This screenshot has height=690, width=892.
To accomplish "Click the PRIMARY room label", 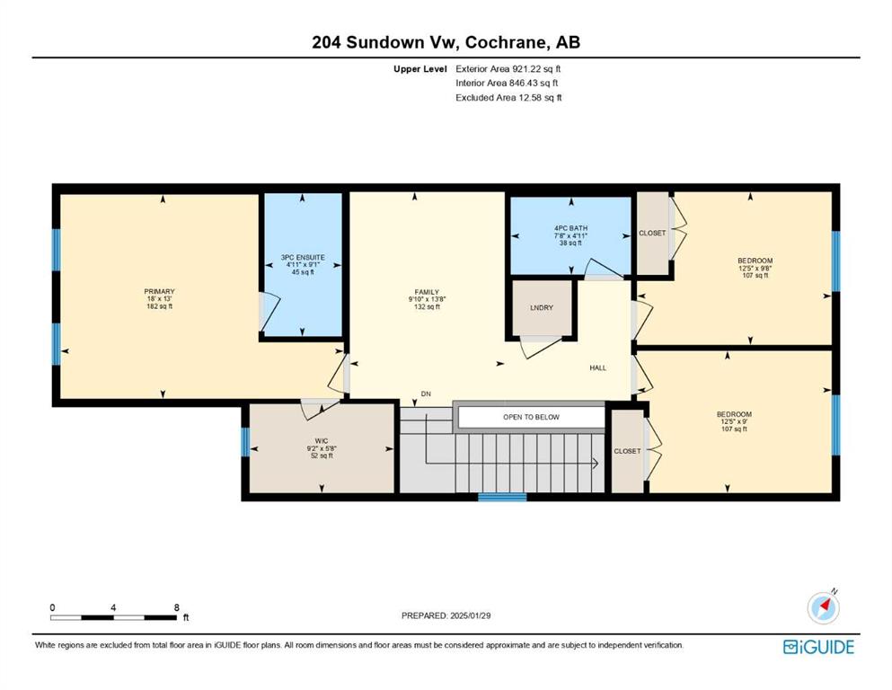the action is (x=159, y=292).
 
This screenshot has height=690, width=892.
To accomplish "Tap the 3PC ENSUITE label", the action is (x=303, y=258).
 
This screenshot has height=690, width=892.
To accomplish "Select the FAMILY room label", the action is (x=427, y=292).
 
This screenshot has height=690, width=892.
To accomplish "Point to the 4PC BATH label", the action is (x=570, y=228).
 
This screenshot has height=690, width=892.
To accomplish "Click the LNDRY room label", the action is (x=542, y=308).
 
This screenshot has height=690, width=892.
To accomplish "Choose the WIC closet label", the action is (x=322, y=441).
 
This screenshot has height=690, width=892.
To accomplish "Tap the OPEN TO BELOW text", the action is (x=531, y=417).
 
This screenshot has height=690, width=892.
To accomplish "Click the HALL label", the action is (x=598, y=368).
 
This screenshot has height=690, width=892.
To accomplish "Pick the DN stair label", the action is (x=426, y=394).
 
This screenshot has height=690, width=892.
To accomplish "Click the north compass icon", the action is (x=823, y=607).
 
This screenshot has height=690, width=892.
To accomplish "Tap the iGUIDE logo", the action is (x=818, y=647).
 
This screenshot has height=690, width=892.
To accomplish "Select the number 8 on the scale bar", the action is (x=176, y=607).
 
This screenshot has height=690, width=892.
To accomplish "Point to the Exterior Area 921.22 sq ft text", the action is (x=508, y=69).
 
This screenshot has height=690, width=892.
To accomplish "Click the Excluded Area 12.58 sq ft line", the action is (x=508, y=97).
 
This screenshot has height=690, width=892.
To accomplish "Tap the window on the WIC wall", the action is (x=245, y=442).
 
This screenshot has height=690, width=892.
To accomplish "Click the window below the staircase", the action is (x=502, y=497).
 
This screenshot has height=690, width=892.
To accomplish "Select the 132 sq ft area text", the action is (x=427, y=307).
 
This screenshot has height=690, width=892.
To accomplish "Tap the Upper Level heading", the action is (x=420, y=69).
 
